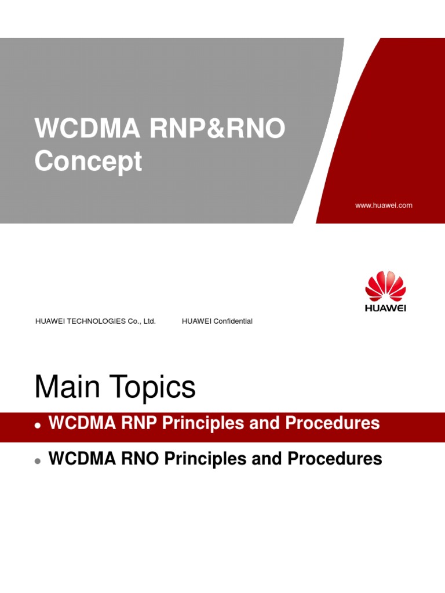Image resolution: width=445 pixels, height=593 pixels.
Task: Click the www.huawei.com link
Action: (384, 205)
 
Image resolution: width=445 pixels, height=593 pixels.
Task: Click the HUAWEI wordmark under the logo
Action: (386, 308)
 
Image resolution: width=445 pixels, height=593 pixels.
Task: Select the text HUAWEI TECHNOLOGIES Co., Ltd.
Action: (96, 321)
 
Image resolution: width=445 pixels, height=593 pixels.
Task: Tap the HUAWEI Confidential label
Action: (217, 321)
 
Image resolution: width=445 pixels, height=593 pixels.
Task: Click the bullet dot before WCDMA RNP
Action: (38, 425)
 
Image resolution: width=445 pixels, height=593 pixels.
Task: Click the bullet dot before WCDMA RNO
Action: (38, 460)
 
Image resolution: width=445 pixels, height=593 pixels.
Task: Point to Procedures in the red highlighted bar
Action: (333, 423)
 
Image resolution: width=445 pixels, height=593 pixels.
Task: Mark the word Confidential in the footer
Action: (233, 321)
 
